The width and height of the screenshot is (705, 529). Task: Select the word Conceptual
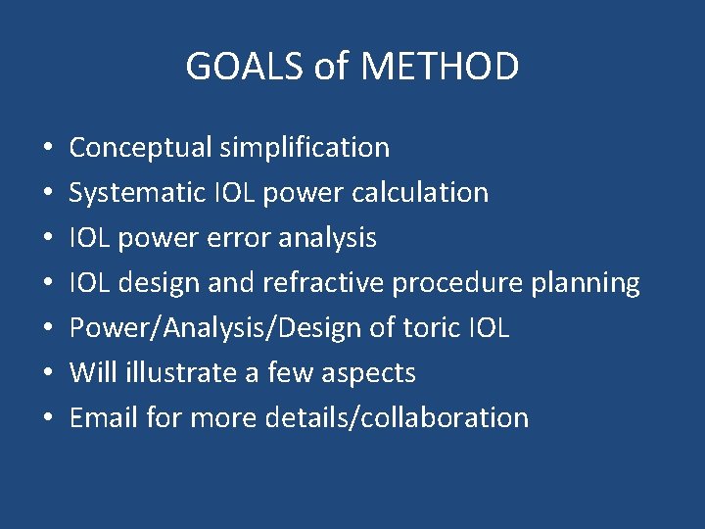[x=141, y=148]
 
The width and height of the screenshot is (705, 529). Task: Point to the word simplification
[x=305, y=148]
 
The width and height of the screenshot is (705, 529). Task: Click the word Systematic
[x=135, y=193]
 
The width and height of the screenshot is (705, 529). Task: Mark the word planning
[x=586, y=283]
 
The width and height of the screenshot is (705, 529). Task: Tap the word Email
[x=104, y=418]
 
